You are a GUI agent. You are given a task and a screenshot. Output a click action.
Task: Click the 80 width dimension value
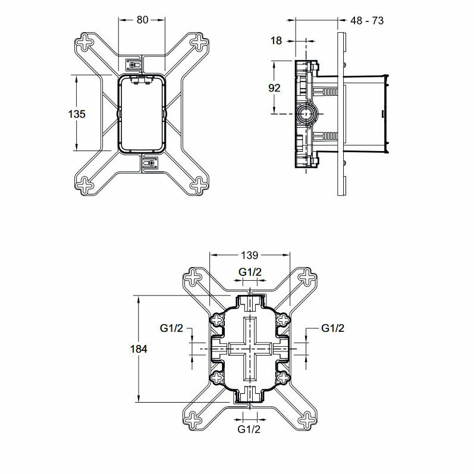tap(142, 19)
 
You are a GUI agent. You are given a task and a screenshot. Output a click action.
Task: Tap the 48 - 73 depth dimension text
tap(366, 20)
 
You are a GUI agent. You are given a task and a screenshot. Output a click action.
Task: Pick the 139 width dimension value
tap(250, 256)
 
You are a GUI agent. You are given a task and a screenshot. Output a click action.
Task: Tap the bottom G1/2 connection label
tap(249, 428)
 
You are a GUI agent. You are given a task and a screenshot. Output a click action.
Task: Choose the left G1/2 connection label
tap(171, 328)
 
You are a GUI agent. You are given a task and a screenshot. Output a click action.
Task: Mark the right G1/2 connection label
tap(332, 328)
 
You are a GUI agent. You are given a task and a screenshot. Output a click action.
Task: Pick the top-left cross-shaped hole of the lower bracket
tap(196, 277)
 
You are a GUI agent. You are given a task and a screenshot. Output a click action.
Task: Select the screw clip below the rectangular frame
tap(149, 162)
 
